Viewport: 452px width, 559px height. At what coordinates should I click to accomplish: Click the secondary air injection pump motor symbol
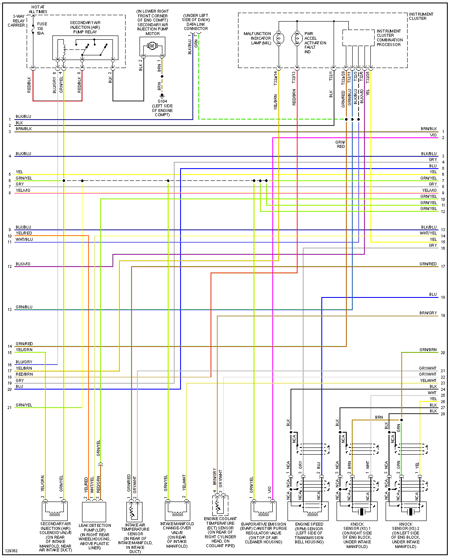click(x=152, y=46)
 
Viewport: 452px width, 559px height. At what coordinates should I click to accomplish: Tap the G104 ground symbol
click(x=162, y=95)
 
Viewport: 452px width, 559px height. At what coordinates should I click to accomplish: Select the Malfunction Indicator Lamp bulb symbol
click(x=278, y=38)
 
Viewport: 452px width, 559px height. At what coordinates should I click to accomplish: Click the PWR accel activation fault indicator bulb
click(x=297, y=38)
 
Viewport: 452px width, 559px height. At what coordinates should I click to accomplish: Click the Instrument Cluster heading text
click(x=421, y=16)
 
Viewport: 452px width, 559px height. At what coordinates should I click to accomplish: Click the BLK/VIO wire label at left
click(x=23, y=264)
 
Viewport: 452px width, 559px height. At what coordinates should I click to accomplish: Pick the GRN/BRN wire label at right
click(x=428, y=350)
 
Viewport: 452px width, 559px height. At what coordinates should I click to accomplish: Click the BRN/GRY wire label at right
click(x=428, y=313)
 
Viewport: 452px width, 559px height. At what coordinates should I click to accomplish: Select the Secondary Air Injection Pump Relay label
click(x=85, y=27)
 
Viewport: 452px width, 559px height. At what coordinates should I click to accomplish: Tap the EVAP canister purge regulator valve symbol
click(x=263, y=510)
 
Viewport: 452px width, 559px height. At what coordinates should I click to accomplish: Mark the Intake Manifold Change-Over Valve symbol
click(x=177, y=510)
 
